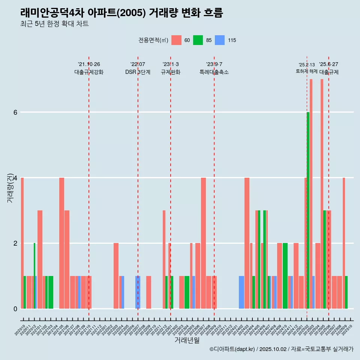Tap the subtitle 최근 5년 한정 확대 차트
(54, 24)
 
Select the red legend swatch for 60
(176, 40)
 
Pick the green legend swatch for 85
(198, 40)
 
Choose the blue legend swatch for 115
(220, 40)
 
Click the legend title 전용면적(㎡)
(153, 40)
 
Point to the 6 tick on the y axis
(15, 112)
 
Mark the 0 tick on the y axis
(15, 309)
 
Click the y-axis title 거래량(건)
(10, 187)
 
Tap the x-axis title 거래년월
(187, 340)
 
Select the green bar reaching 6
(308, 210)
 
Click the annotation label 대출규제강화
(89, 72)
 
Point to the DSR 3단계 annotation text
(138, 72)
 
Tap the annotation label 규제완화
(171, 72)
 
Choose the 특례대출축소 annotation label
(214, 72)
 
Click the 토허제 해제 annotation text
(307, 71)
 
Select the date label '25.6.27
(328, 64)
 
